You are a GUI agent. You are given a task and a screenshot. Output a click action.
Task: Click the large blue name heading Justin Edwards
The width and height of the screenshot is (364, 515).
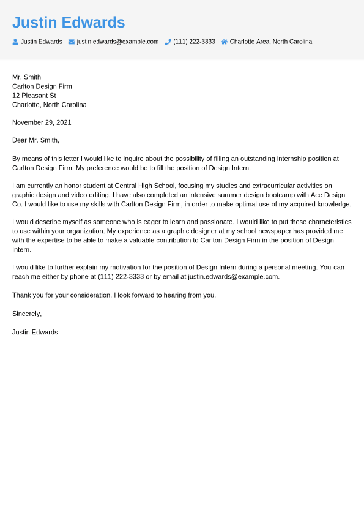(69, 23)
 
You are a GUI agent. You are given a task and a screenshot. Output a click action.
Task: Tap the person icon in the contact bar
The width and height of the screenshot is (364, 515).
(15, 42)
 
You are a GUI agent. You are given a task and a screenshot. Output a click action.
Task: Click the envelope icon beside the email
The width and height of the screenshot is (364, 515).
(72, 42)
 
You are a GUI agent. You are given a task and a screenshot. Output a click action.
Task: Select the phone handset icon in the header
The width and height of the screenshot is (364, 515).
(168, 42)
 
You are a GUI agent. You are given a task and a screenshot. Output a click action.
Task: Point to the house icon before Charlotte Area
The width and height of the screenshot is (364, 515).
(225, 42)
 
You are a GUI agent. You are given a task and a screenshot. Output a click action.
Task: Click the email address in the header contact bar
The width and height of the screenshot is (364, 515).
(117, 42)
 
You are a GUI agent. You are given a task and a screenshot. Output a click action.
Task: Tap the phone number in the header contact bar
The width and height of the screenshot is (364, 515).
(194, 42)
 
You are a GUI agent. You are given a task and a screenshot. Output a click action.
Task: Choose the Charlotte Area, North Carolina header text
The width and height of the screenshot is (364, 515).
(270, 42)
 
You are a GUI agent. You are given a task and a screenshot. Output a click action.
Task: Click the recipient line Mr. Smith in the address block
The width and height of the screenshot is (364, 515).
(26, 77)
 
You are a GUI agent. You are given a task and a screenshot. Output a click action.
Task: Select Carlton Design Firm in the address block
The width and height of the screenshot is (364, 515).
(42, 86)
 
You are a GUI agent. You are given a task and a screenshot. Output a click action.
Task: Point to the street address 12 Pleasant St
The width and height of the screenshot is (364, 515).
(34, 96)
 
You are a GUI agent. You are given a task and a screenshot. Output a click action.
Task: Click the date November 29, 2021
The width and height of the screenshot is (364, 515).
(42, 122)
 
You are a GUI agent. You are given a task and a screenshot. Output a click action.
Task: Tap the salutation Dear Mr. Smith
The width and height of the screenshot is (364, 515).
(35, 140)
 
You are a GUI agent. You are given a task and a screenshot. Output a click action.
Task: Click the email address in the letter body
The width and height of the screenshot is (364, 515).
(233, 277)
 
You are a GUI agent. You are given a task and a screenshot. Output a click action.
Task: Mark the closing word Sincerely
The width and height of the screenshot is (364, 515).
(27, 314)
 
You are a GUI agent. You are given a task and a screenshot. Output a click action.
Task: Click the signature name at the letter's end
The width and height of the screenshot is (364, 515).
(35, 332)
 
